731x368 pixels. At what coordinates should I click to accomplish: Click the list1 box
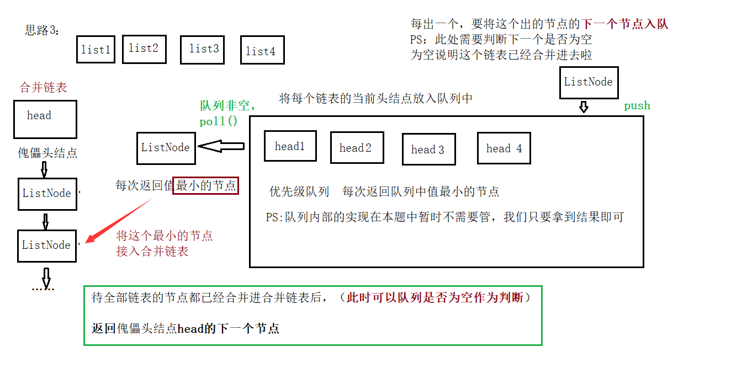pyautogui.click(x=96, y=50)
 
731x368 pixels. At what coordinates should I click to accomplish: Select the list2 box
pyautogui.click(x=144, y=49)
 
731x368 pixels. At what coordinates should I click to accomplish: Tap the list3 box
pyautogui.click(x=204, y=50)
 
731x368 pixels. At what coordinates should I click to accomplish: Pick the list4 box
pyautogui.click(x=261, y=51)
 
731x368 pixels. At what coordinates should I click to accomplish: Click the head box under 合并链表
pyautogui.click(x=45, y=119)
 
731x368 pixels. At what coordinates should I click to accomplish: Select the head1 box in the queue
pyautogui.click(x=290, y=146)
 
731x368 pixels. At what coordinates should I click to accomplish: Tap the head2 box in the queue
pyautogui.click(x=356, y=148)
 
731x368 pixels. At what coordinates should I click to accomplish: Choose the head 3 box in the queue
pyautogui.click(x=428, y=150)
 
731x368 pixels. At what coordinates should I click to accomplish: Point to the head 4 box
pyautogui.click(x=504, y=148)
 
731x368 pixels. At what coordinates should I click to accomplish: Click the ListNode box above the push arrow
pyautogui.click(x=588, y=82)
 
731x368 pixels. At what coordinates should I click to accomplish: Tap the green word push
pyautogui.click(x=637, y=105)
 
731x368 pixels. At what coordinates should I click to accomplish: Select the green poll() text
pyautogui.click(x=218, y=122)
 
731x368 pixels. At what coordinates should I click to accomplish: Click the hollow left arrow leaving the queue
pyautogui.click(x=221, y=146)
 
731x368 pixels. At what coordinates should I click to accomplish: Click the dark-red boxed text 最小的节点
pyautogui.click(x=205, y=186)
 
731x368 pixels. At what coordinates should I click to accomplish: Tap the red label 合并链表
pyautogui.click(x=44, y=87)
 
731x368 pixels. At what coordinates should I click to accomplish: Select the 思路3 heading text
pyautogui.click(x=43, y=30)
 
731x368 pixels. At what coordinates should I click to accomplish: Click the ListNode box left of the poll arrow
pyautogui.click(x=166, y=147)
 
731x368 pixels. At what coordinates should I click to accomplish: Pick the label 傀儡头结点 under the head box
pyautogui.click(x=47, y=153)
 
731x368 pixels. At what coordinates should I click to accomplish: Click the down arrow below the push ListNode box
pyautogui.click(x=584, y=106)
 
